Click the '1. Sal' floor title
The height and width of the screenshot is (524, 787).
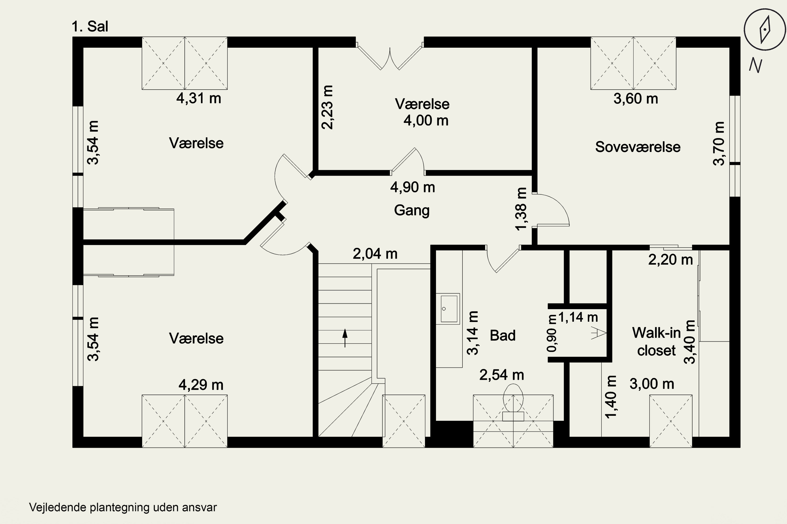pyautogui.click(x=90, y=26)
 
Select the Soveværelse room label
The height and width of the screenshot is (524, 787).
pyautogui.click(x=637, y=147)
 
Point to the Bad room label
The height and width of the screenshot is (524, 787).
pyautogui.click(x=503, y=335)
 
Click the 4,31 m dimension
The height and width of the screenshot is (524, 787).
pyautogui.click(x=199, y=98)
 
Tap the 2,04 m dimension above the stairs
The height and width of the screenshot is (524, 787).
pyautogui.click(x=375, y=254)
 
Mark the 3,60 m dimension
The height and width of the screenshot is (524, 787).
pyautogui.click(x=636, y=99)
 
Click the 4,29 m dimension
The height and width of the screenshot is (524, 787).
pyautogui.click(x=201, y=385)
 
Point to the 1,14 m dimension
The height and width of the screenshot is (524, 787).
pyautogui.click(x=578, y=317)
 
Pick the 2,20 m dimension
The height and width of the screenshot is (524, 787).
pyautogui.click(x=671, y=260)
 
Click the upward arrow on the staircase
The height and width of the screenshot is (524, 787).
pyautogui.click(x=345, y=338)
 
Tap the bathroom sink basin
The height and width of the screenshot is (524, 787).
pyautogui.click(x=449, y=309)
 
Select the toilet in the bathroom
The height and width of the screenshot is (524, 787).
pyautogui.click(x=513, y=402)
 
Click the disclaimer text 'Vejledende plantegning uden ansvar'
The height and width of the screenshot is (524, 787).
pyautogui.click(x=123, y=507)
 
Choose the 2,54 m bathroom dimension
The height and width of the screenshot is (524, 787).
pyautogui.click(x=502, y=375)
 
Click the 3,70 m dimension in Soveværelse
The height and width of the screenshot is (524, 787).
pyautogui.click(x=719, y=144)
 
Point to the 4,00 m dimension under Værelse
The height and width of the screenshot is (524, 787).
pyautogui.click(x=426, y=120)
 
